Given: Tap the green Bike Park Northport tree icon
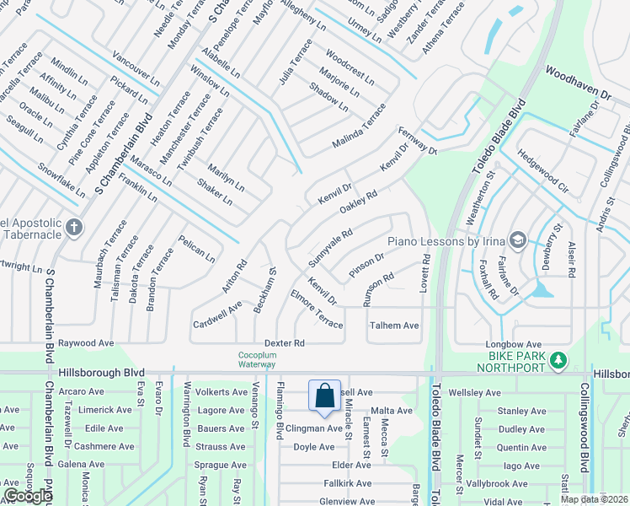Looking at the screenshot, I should click(557, 361).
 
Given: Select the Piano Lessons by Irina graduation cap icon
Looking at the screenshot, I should click(516, 241).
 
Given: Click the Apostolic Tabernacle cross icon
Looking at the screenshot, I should click(74, 226).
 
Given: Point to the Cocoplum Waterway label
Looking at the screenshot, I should click(257, 359).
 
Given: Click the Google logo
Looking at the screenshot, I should click(28, 496).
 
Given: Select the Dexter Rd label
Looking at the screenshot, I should click(284, 343).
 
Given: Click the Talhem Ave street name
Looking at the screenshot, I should click(394, 326).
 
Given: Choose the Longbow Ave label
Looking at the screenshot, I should click(513, 344).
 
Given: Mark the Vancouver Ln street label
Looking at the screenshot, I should click(136, 72).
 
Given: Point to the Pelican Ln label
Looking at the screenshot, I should click(195, 250).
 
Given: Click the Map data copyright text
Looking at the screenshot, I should click(594, 499).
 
